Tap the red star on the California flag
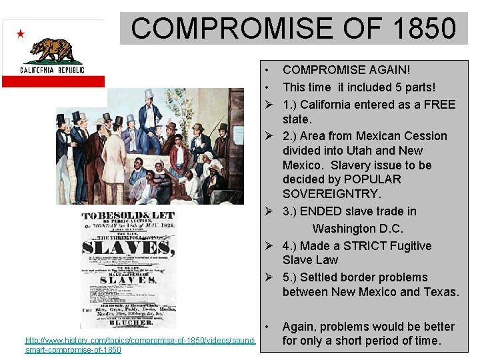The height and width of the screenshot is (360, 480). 20,33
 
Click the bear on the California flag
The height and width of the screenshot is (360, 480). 56,49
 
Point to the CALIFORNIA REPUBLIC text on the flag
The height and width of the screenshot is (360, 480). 52,69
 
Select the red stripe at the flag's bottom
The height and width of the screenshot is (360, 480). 53,81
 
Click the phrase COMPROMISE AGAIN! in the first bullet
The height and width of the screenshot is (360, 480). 347,69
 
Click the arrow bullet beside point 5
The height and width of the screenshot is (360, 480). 268,277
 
